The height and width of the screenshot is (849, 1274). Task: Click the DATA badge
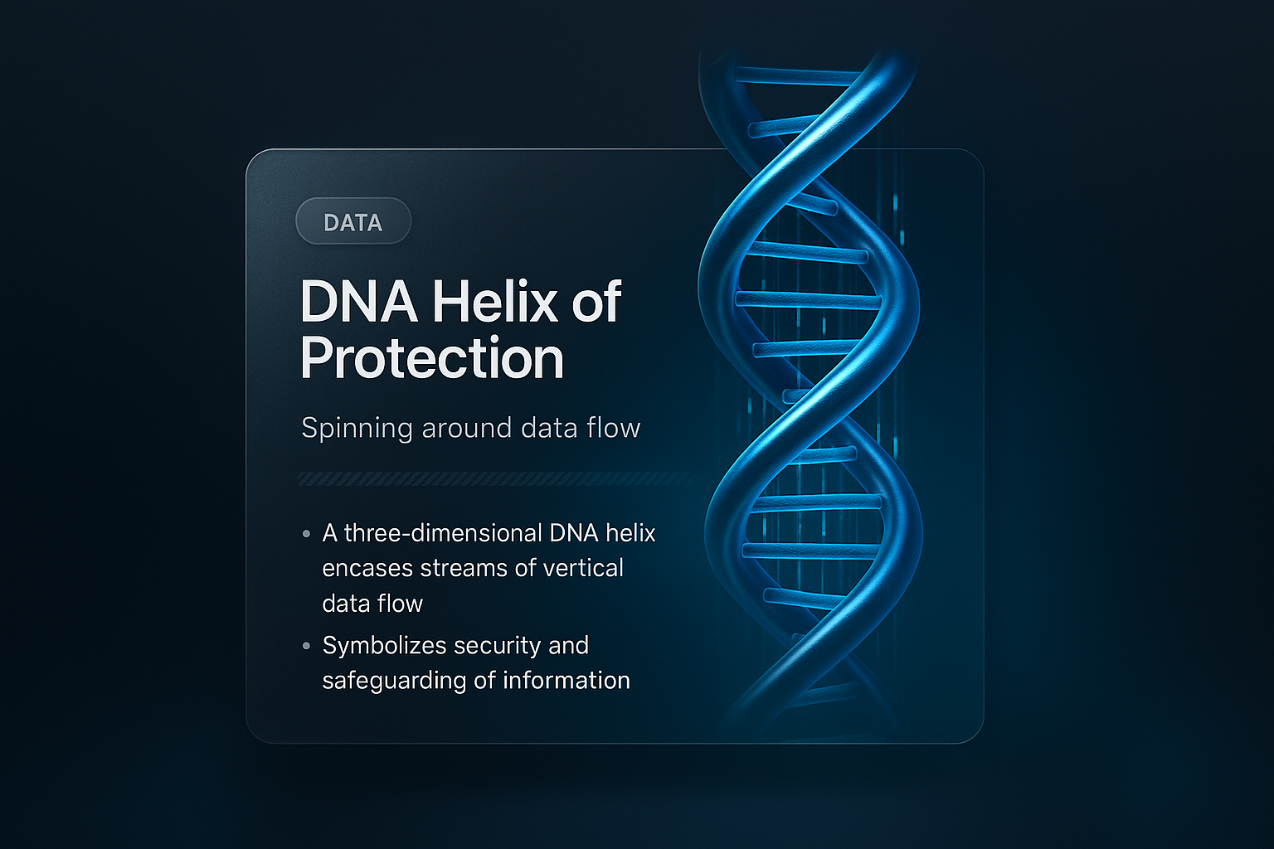click(353, 222)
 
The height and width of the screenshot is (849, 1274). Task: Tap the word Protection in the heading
click(432, 358)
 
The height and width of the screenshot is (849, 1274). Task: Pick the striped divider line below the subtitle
click(496, 478)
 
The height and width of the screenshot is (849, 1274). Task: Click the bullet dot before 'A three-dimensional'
click(307, 534)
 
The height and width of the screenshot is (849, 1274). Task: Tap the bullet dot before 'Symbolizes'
click(307, 645)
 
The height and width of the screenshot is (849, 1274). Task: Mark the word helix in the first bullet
click(630, 533)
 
